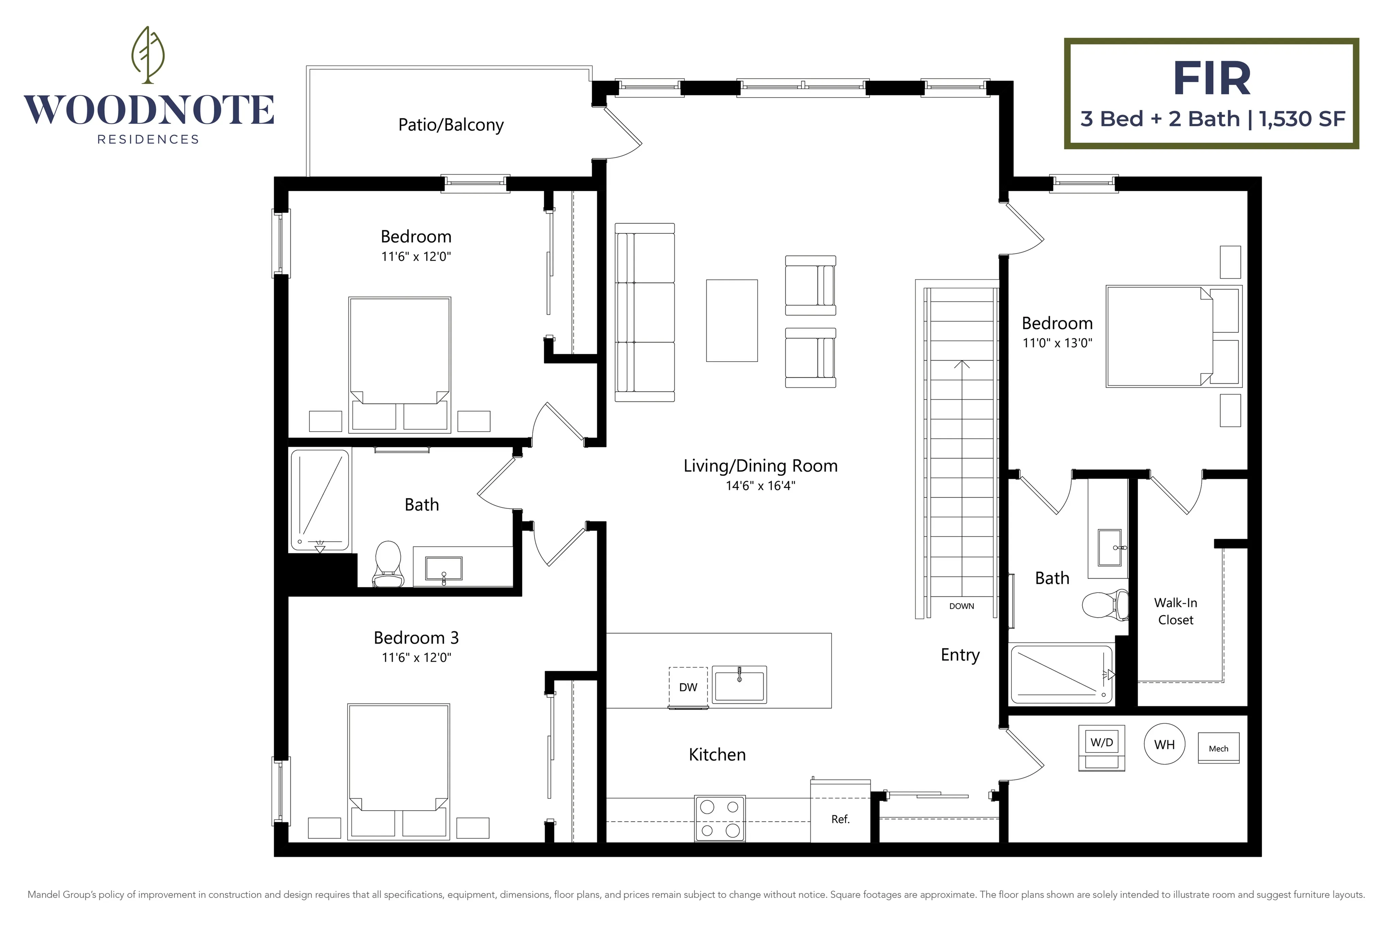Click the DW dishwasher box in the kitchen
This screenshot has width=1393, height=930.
[x=688, y=687]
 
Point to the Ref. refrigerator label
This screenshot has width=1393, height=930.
[x=840, y=819]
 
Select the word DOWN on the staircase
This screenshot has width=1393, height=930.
[x=961, y=606]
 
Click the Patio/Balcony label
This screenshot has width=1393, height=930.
[x=451, y=124]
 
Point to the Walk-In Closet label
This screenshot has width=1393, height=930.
[x=1175, y=611]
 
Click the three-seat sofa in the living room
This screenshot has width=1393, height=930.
[x=644, y=313]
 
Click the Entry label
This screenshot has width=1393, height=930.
[x=960, y=655]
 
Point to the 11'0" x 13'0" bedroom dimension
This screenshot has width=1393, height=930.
[x=1057, y=343]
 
